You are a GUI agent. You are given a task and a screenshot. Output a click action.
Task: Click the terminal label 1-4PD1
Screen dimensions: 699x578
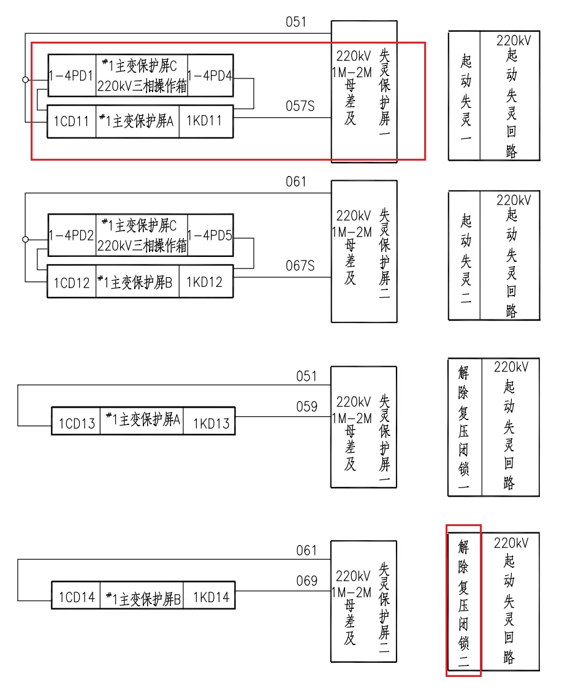(72, 76)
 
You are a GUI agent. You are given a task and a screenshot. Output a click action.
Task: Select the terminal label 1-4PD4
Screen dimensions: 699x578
(210, 76)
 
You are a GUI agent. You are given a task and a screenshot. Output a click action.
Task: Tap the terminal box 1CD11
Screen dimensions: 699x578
(72, 121)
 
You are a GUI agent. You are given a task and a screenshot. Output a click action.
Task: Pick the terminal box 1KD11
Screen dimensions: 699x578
(205, 121)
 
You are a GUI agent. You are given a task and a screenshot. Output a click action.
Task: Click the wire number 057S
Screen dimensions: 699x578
(300, 106)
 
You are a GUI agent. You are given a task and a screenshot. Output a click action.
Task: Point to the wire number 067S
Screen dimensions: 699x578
(300, 266)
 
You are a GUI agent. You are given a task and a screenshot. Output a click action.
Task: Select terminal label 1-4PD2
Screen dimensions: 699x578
(72, 235)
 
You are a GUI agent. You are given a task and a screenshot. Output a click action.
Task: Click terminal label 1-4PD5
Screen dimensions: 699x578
(210, 235)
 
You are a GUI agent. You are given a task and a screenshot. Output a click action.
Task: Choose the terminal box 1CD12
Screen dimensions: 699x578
(72, 283)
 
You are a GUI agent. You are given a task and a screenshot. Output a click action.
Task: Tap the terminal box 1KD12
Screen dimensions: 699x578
(205, 283)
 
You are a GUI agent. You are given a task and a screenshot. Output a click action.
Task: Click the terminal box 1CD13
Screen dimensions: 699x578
(76, 423)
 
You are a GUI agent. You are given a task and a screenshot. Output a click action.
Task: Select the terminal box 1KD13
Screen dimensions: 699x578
(210, 423)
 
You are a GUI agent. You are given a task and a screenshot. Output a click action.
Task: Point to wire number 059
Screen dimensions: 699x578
(306, 407)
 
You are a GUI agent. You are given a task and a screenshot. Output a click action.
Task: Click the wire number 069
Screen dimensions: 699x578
(306, 581)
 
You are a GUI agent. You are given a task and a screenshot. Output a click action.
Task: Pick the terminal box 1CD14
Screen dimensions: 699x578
(76, 597)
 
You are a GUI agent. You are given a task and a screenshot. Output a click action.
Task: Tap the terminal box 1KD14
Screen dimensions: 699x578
(210, 597)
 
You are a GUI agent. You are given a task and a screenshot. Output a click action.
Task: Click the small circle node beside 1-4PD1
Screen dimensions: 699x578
(25, 80)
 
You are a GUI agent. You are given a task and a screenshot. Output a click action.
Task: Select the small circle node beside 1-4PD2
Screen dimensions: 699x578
(25, 239)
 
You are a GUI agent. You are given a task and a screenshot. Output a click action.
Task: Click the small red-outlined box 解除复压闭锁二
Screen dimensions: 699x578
(463, 600)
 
